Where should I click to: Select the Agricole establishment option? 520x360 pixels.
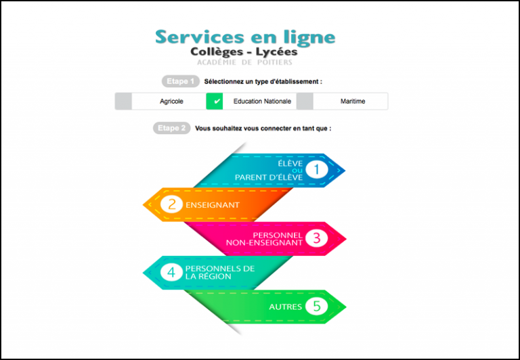(x=171, y=102)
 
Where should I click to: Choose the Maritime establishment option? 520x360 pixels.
(x=353, y=102)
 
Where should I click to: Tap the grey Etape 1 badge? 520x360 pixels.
(x=181, y=81)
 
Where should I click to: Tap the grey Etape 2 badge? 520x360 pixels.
(x=172, y=128)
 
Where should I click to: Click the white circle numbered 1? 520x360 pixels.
(x=317, y=169)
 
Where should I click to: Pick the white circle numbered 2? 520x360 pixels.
(x=171, y=204)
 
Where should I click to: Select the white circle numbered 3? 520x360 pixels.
(x=317, y=238)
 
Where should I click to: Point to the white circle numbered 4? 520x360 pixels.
(x=171, y=272)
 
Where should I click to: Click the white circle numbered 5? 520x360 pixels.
(x=317, y=306)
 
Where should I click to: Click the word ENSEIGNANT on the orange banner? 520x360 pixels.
(x=213, y=205)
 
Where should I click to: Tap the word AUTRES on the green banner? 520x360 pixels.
(x=285, y=307)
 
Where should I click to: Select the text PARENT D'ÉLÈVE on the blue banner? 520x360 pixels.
(x=269, y=177)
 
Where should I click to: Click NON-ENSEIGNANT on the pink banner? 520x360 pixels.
(x=264, y=243)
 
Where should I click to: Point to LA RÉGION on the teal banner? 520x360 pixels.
(x=209, y=277)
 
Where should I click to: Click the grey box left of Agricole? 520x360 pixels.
(x=123, y=101)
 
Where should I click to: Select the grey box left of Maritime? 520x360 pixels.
(x=305, y=101)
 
